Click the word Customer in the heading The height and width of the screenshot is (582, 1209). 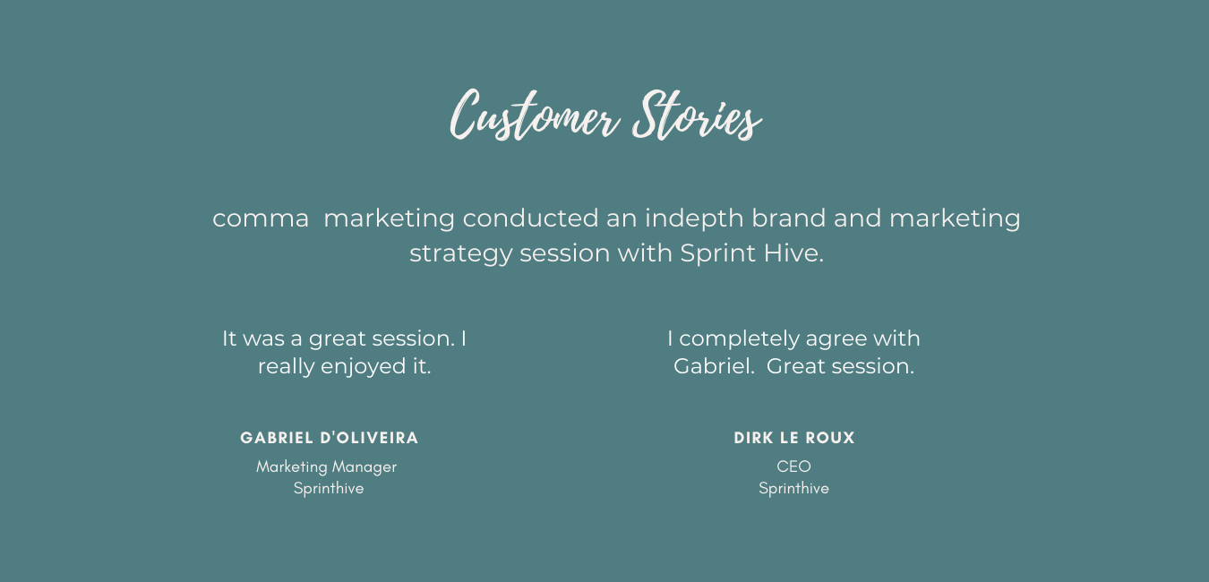click(535, 115)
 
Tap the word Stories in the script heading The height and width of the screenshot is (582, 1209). click(697, 115)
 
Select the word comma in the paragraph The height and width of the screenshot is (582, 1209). click(260, 218)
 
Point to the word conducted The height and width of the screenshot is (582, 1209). click(530, 218)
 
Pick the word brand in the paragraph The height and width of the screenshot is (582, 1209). click(789, 218)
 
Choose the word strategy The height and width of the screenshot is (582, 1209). click(460, 254)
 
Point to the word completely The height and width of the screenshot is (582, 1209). click(740, 339)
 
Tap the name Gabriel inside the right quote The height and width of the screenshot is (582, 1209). click(714, 366)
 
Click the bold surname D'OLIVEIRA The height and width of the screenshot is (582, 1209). click(369, 438)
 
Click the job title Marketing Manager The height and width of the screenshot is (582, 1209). click(327, 467)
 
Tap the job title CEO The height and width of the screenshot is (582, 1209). click(793, 466)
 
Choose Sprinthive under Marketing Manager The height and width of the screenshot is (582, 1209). click(329, 489)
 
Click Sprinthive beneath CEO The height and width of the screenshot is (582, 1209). click(794, 489)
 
